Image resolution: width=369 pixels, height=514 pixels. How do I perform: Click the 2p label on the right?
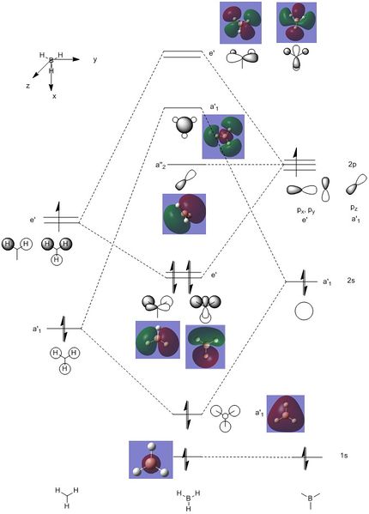(352, 165)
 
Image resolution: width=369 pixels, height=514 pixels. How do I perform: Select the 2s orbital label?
(351, 281)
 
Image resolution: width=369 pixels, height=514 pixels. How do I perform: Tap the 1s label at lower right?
(344, 456)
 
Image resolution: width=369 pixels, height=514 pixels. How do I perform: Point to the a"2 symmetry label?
(160, 166)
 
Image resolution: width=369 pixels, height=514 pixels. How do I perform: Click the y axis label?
(95, 60)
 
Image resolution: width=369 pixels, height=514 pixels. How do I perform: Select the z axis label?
(28, 86)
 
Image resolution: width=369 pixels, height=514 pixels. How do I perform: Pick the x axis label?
(54, 96)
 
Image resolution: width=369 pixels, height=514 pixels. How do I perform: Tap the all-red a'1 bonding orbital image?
(286, 414)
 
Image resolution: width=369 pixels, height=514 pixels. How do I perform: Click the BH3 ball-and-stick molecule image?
(151, 460)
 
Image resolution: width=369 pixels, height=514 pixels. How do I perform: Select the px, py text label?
(305, 210)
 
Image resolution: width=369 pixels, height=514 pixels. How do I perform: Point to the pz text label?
(354, 208)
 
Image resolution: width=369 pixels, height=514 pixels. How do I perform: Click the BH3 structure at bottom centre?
(189, 500)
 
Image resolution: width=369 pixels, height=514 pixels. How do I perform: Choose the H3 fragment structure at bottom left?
(67, 498)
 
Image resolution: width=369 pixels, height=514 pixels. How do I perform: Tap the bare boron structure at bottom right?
(310, 500)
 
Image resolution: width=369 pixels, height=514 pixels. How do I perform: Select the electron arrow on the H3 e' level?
(58, 217)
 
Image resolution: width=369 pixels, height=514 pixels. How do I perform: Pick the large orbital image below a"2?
(184, 214)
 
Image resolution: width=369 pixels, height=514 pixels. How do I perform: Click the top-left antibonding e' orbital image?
(240, 22)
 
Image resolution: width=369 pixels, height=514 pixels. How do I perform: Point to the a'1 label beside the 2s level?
(327, 281)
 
